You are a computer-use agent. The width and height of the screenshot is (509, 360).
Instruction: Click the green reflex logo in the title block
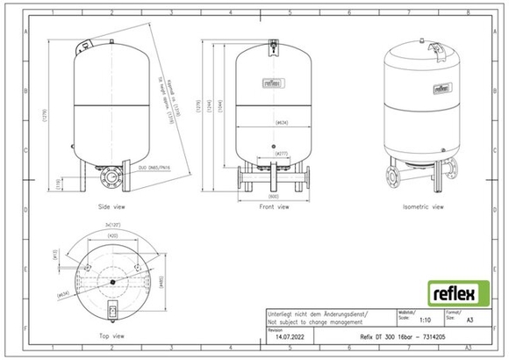click(x=453, y=291)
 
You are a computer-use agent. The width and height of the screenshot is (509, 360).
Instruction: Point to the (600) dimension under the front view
click(x=273, y=195)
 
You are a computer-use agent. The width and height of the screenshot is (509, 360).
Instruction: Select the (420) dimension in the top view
click(x=112, y=236)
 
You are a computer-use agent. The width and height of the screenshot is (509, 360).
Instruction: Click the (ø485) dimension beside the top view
click(x=161, y=282)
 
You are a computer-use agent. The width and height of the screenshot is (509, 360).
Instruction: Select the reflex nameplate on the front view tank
click(x=274, y=84)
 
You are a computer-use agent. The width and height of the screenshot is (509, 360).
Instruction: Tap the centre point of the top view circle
click(x=112, y=281)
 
